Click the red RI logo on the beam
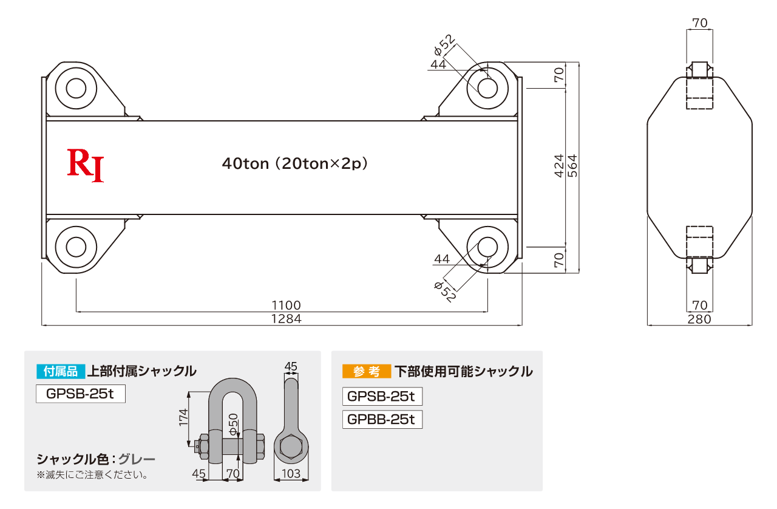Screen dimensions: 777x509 tap(86, 165)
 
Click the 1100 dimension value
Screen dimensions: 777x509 tap(286, 305)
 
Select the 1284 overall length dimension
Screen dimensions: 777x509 tap(286, 319)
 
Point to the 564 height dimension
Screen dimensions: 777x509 tap(572, 166)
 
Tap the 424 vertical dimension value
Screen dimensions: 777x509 tap(559, 166)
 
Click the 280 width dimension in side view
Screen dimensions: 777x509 tap(699, 319)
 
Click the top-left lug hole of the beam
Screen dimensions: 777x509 tap(76, 88)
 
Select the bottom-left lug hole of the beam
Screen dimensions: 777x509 tap(76, 247)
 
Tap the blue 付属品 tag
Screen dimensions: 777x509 tap(61, 372)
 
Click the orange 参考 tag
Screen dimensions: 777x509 tap(367, 372)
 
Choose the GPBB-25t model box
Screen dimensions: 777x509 tap(382, 420)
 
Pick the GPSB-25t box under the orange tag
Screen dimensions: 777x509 tap(382, 396)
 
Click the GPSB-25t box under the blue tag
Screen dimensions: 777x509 tap(81, 394)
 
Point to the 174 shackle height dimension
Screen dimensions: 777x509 tap(183, 417)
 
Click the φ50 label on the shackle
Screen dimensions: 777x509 tap(234, 425)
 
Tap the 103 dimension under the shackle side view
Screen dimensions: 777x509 tap(291, 474)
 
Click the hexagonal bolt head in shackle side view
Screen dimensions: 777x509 tap(291, 447)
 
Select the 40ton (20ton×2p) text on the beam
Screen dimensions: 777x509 tap(295, 163)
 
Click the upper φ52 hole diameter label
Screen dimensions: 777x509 tap(444, 45)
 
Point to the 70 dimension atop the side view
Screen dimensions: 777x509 tap(700, 23)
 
